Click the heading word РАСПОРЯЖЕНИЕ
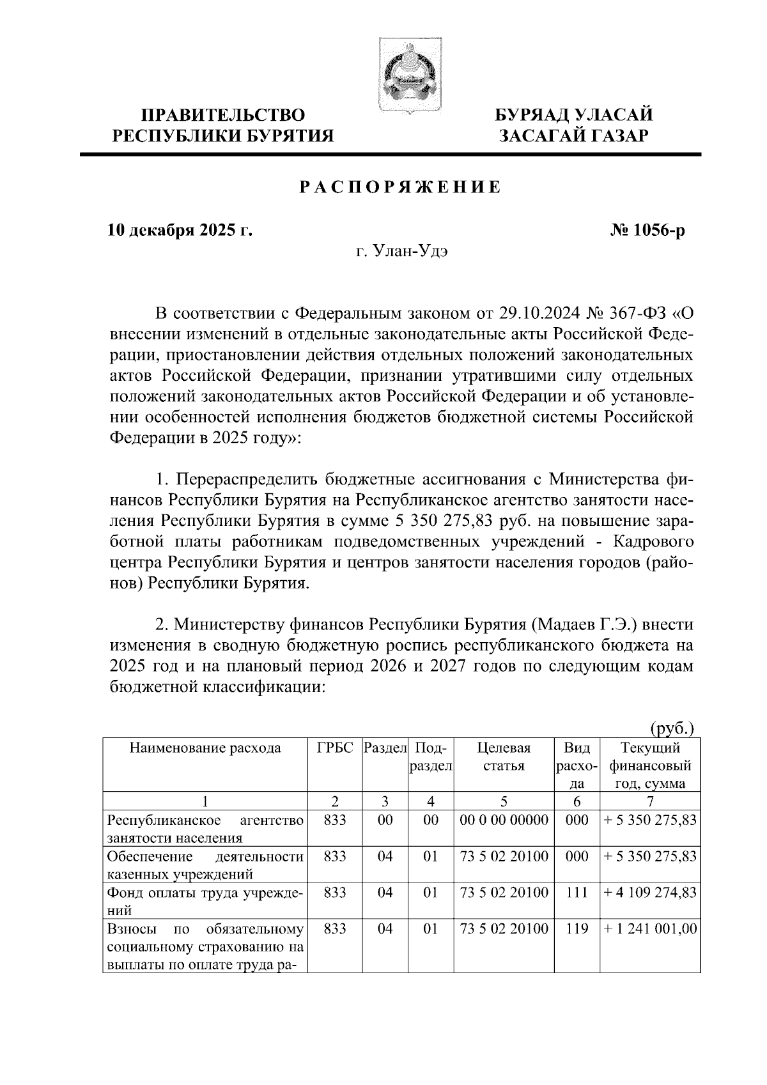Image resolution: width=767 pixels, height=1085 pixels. pyautogui.click(x=401, y=187)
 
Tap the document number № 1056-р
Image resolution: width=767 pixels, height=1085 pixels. pyautogui.click(x=647, y=230)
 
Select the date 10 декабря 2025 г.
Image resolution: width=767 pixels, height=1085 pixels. pyautogui.click(x=180, y=230)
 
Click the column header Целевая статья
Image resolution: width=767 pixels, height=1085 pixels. pyautogui.click(x=504, y=757)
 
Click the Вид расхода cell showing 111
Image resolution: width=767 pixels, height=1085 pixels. pyautogui.click(x=577, y=893)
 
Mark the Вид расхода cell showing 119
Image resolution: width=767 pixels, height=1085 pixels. pyautogui.click(x=577, y=929)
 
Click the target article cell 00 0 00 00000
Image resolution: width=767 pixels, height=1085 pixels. pyautogui.click(x=504, y=820)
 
